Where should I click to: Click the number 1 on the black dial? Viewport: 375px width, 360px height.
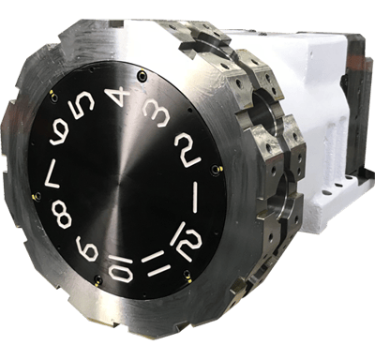pos(196,198)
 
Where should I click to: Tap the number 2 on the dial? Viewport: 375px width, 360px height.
pos(187,151)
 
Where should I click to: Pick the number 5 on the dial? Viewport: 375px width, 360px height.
pos(82,106)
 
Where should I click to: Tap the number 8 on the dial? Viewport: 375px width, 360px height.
pos(61,213)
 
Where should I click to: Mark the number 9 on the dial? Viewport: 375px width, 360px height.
pos(87,248)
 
